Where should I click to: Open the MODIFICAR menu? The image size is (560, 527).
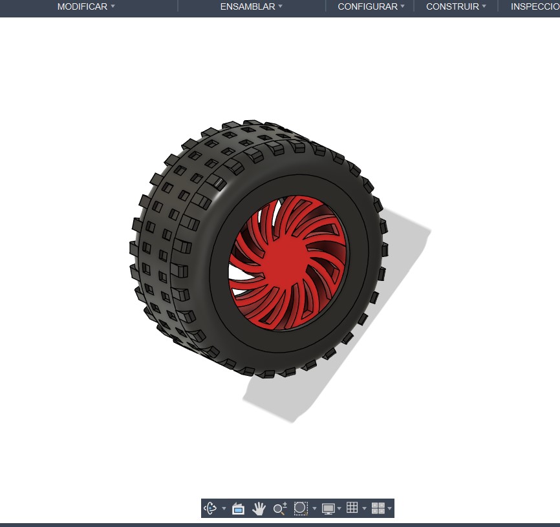pos(82,6)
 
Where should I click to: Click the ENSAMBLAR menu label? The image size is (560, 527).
pos(248,6)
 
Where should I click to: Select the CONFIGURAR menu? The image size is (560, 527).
pos(367,6)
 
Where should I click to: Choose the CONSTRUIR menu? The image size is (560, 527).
pos(453,6)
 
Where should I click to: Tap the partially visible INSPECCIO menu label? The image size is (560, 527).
pos(535,6)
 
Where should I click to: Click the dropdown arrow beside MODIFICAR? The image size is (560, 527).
pos(113,6)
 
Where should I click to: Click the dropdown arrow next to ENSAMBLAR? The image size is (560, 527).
pos(281,6)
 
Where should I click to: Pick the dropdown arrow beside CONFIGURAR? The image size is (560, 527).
pos(402,6)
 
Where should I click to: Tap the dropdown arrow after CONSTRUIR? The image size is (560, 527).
pos(484,6)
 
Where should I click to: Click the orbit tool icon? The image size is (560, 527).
pos(210,508)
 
